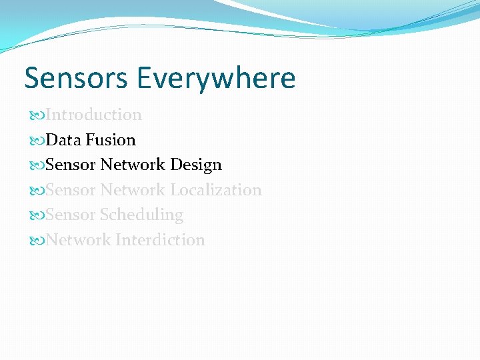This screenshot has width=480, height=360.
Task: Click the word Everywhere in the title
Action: [x=216, y=78]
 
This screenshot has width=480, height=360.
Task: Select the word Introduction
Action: [x=94, y=115]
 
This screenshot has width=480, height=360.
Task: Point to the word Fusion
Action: [x=111, y=140]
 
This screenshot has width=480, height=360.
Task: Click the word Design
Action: [x=195, y=165]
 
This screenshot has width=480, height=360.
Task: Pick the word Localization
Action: [x=215, y=190]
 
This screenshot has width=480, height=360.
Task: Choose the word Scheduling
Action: [x=141, y=215]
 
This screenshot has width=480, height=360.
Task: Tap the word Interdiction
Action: [x=160, y=240]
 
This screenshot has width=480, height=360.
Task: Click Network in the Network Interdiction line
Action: [x=79, y=240]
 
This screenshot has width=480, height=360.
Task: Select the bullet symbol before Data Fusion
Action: [x=37, y=141]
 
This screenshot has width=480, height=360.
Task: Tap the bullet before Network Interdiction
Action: [x=37, y=241]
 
